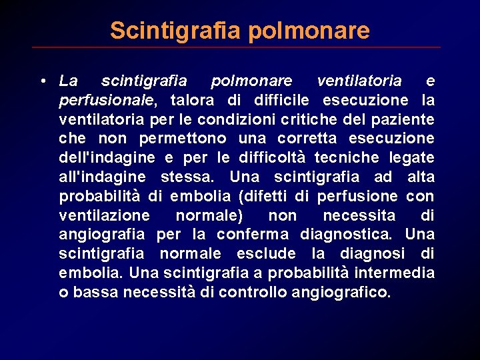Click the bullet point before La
click(x=42, y=81)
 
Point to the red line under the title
click(x=237, y=47)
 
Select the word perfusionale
click(x=107, y=101)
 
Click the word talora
click(x=191, y=101)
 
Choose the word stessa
click(x=188, y=177)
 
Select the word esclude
click(x=265, y=254)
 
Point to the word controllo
click(x=253, y=292)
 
